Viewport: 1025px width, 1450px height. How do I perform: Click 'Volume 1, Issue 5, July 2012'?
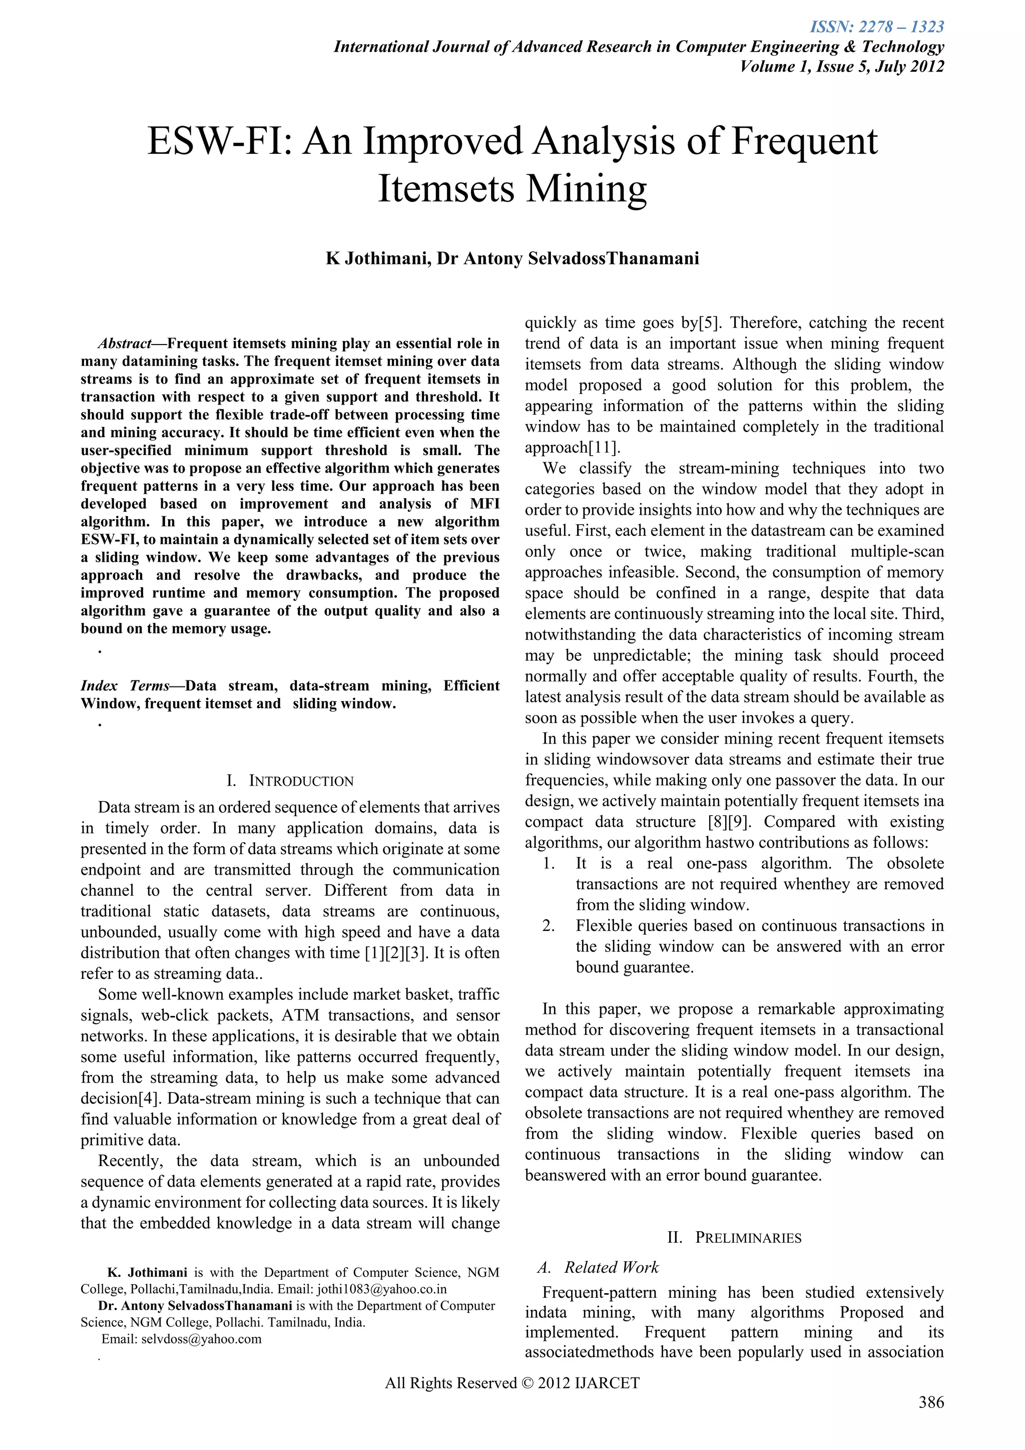pos(842,66)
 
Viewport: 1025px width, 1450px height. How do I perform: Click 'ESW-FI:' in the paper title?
pos(218,142)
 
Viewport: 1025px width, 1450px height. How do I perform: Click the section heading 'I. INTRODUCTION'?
pos(290,781)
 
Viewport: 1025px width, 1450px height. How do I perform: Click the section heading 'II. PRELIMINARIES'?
pos(734,1237)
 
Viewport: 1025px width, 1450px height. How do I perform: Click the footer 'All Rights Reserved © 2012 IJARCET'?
pos(512,1383)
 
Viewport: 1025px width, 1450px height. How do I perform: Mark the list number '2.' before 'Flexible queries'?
pos(548,926)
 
